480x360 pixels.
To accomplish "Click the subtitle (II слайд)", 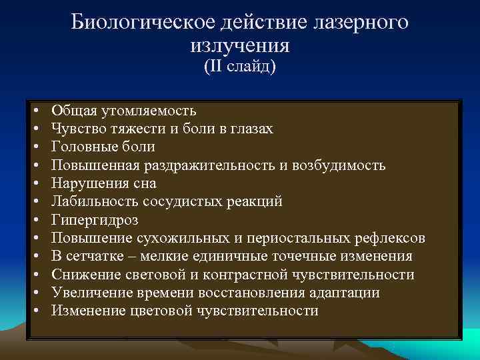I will coord(240,67).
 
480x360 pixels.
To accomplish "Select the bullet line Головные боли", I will coord(103,147).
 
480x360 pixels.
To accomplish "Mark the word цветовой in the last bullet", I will coord(160,311).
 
